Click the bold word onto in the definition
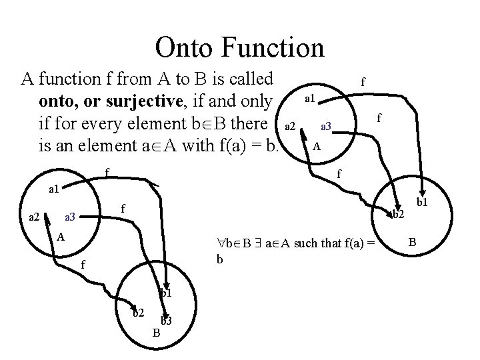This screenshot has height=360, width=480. coord(56,101)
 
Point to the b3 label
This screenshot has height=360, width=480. coord(167,321)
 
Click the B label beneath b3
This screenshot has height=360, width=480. coord(156,333)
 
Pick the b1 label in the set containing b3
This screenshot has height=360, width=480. coord(165,292)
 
